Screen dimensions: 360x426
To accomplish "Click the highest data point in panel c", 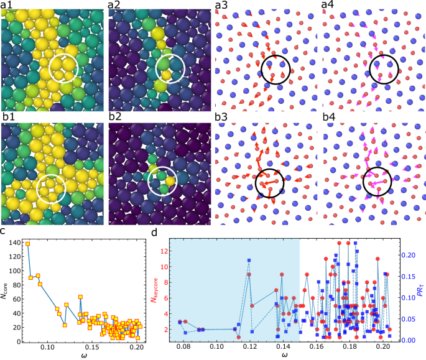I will click(28, 244).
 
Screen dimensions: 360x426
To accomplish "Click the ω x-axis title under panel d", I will click(284, 355).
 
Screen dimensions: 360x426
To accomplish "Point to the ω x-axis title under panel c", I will click(83, 355).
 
